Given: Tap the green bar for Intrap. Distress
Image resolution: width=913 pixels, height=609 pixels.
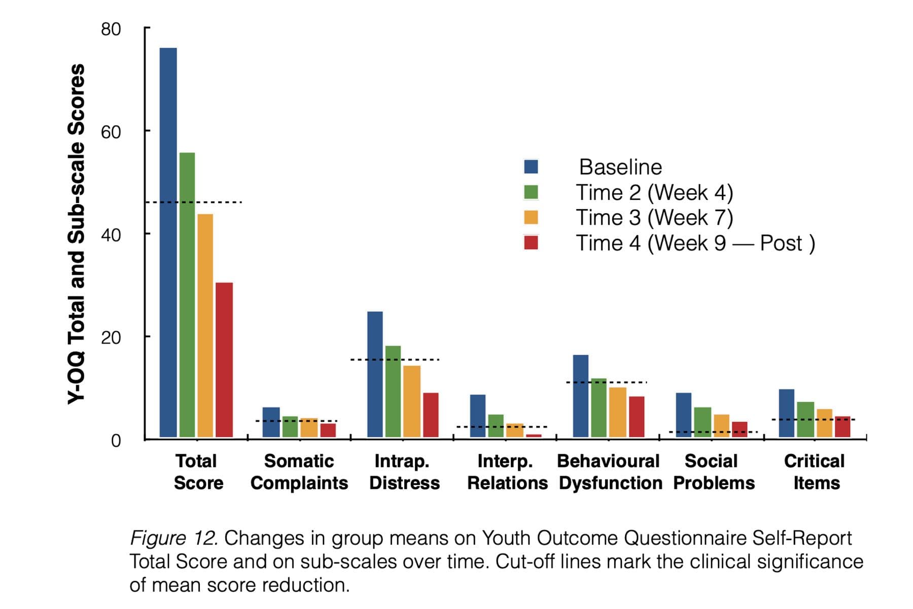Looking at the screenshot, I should [x=393, y=391].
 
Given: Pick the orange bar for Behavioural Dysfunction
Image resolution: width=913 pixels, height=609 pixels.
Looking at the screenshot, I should [x=617, y=412].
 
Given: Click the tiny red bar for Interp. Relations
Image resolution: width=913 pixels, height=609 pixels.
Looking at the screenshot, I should [x=534, y=435].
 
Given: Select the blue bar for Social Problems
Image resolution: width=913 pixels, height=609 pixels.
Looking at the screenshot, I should [x=683, y=415].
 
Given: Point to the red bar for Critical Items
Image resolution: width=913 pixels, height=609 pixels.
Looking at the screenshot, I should [x=842, y=427].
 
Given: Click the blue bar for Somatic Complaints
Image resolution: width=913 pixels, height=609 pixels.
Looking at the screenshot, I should [x=271, y=422].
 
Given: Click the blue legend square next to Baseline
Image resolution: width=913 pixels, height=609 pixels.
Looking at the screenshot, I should [x=531, y=167].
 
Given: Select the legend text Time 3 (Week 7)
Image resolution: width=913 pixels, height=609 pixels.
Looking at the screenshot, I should [x=654, y=218].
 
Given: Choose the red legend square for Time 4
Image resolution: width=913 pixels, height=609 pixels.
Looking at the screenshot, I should [x=531, y=243].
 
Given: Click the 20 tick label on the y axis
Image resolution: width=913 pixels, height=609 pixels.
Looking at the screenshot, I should [x=111, y=337].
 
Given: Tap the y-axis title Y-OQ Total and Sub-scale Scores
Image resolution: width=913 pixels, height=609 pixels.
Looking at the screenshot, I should [x=76, y=233].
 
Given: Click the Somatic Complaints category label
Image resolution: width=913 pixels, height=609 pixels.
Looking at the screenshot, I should [x=299, y=472].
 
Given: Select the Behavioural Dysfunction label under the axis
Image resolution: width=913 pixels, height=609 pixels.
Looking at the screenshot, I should [x=610, y=472].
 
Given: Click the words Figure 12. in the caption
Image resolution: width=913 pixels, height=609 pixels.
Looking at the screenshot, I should [x=174, y=538].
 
